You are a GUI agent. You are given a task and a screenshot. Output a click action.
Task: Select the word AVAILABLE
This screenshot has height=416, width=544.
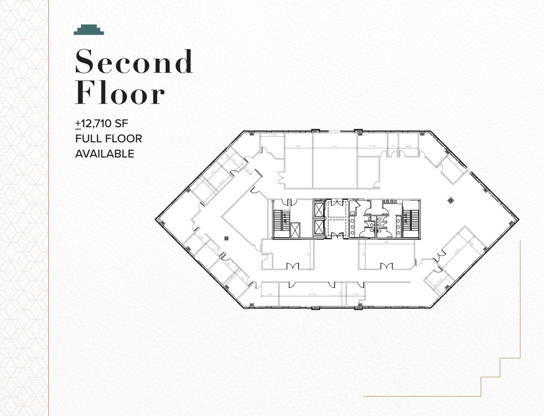coord(104,154)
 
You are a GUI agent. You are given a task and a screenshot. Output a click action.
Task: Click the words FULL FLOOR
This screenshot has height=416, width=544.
coord(109,139)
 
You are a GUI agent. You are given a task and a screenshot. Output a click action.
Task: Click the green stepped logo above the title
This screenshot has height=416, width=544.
coord(89,30)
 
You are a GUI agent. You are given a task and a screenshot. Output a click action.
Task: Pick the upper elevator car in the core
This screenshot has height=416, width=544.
coord(319,210)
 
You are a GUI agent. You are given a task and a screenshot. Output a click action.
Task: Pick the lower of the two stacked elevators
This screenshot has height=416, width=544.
coord(319,227)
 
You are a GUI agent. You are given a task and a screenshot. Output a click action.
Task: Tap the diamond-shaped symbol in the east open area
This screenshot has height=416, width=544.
coord(450,200)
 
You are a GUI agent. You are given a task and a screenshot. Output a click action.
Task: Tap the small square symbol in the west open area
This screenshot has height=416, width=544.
coord(226,238)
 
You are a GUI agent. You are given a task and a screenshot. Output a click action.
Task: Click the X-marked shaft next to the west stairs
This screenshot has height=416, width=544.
coord(295,230)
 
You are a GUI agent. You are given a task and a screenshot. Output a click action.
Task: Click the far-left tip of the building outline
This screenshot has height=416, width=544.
coord(156,219)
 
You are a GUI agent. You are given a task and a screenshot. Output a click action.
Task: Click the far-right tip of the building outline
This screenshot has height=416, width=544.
coord(518,219)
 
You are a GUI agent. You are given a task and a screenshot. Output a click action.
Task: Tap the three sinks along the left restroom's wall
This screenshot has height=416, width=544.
coord(353,224)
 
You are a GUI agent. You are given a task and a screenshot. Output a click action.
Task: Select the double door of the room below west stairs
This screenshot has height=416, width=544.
coord(293,266)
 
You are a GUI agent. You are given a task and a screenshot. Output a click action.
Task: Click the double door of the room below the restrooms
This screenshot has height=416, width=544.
coord(386,266)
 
